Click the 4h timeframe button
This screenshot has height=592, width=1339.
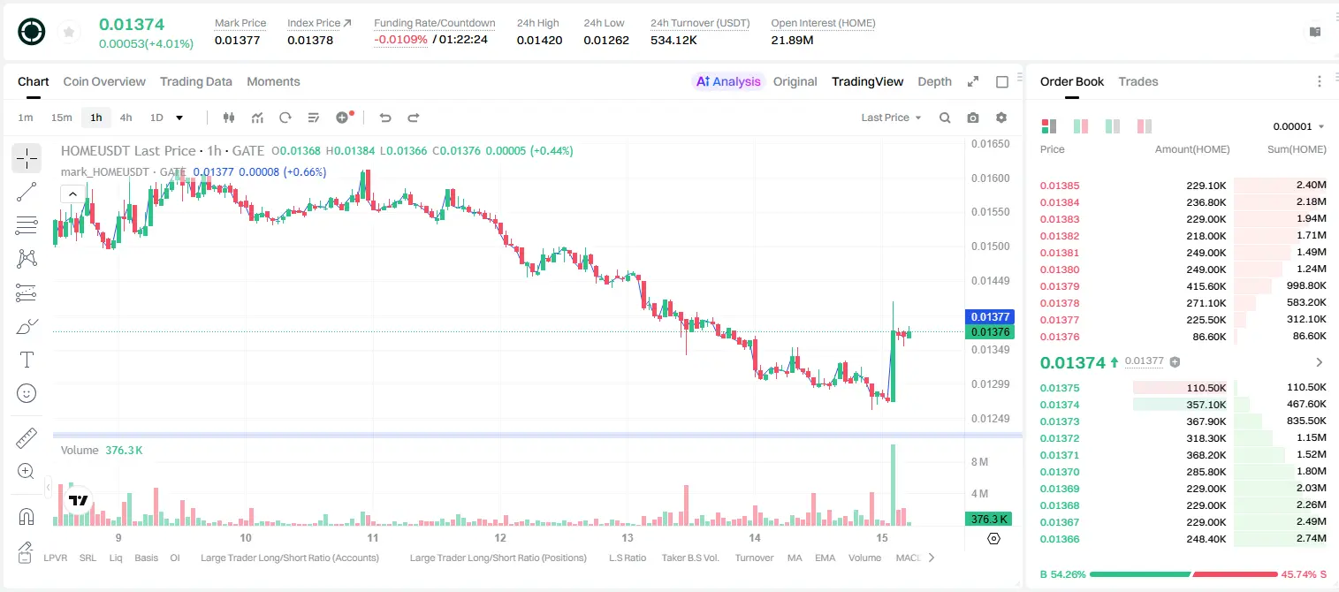click(126, 118)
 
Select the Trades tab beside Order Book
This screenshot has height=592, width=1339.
click(1138, 81)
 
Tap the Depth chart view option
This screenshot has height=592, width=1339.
click(934, 81)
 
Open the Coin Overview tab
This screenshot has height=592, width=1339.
click(104, 81)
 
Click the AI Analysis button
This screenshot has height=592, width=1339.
click(728, 81)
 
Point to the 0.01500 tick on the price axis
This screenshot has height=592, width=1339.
click(991, 247)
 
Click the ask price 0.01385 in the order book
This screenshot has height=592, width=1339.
click(1059, 186)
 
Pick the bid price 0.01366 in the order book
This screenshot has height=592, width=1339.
click(1059, 539)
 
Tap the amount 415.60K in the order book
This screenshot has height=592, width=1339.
click(1206, 286)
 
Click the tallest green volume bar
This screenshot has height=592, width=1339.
click(893, 485)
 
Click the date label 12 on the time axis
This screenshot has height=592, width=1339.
click(499, 537)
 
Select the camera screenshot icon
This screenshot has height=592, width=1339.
click(973, 118)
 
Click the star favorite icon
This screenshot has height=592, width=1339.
click(69, 32)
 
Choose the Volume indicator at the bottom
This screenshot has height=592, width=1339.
click(864, 558)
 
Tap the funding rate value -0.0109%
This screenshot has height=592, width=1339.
click(400, 40)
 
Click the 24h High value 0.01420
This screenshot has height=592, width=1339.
click(539, 40)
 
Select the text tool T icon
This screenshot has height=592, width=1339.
click(27, 360)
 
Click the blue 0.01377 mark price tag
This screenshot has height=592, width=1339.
click(990, 316)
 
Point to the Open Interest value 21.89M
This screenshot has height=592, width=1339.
click(792, 40)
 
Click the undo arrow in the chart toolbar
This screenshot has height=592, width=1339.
click(385, 118)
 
